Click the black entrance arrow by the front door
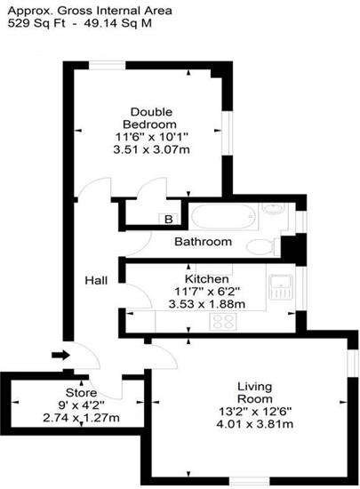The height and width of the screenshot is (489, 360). pyautogui.click(x=60, y=355)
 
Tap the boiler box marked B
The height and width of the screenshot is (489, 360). pyautogui.click(x=168, y=219)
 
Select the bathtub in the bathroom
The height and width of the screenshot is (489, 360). pyautogui.click(x=223, y=216)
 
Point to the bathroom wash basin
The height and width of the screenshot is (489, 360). pyautogui.click(x=274, y=209)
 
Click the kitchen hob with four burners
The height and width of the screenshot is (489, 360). pyautogui.click(x=223, y=321)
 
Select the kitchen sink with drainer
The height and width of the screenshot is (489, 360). pyautogui.click(x=281, y=287)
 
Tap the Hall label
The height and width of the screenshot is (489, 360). pyautogui.click(x=96, y=280)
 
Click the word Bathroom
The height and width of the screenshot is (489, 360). pyautogui.click(x=203, y=241)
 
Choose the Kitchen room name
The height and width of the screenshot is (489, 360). pyautogui.click(x=206, y=278)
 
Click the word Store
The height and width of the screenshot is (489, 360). pyautogui.click(x=81, y=393)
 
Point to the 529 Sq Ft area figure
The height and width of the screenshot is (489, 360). pyautogui.click(x=36, y=23)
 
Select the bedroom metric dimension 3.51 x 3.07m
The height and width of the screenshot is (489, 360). pyautogui.click(x=151, y=149)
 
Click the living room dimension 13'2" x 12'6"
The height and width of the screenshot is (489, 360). pyautogui.click(x=255, y=412)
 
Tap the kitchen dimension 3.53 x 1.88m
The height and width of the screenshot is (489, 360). pyautogui.click(x=206, y=304)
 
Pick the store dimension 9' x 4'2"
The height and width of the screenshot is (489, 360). pyautogui.click(x=81, y=405)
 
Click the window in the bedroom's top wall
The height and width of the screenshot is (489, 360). pyautogui.click(x=107, y=66)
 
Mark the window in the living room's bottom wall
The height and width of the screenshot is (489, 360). pyautogui.click(x=250, y=481)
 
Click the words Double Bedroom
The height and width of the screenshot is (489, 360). pyautogui.click(x=151, y=118)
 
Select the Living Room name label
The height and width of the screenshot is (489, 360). pyautogui.click(x=255, y=393)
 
